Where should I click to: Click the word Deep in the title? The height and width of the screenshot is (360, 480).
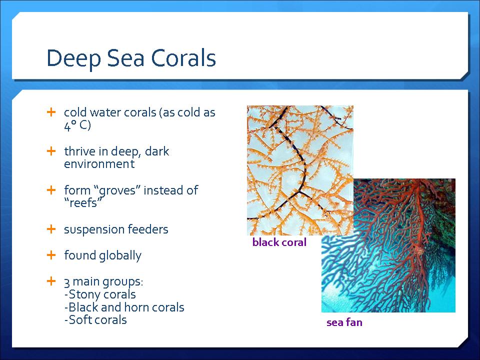pos(73,58)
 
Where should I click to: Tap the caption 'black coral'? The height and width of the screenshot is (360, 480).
pos(279,242)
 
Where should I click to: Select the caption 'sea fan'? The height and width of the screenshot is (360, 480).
pos(344,322)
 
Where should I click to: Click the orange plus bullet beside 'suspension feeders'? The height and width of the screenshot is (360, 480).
pos(51,229)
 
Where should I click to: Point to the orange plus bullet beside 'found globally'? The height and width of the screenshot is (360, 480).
pos(51,255)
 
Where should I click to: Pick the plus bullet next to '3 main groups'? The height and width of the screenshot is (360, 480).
pos(51,281)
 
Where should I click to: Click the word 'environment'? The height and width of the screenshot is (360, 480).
pos(99,164)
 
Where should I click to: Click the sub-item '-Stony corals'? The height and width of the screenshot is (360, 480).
pos(100,294)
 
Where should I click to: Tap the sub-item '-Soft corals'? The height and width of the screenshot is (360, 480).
pos(95,320)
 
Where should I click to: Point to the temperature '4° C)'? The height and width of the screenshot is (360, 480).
pos(77,125)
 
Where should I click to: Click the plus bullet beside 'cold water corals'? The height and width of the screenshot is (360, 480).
pos(51,112)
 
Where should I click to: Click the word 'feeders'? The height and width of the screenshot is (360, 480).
pos(148,229)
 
